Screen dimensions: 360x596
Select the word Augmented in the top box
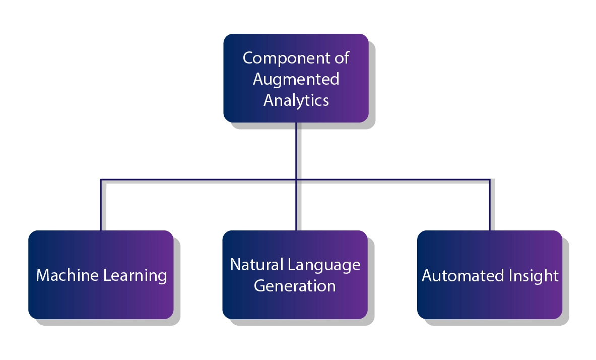[296, 79]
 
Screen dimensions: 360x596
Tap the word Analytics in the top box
[296, 100]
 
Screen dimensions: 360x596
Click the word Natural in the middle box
[255, 264]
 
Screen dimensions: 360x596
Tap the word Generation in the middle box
[295, 285]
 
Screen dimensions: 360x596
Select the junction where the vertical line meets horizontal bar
[296, 179]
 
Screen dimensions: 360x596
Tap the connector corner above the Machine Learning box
[101, 179]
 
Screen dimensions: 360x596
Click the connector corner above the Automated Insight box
[489, 179]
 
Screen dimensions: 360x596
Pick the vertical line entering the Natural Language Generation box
[296, 207]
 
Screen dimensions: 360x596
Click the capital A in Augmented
[258, 79]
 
